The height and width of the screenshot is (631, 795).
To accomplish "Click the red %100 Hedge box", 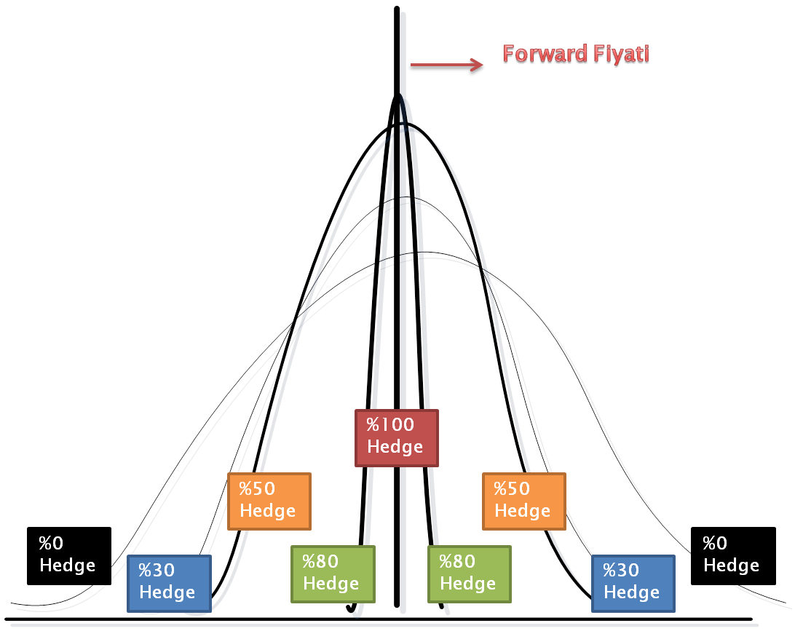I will pyautogui.click(x=397, y=437).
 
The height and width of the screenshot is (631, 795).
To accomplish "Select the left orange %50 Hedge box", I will pyautogui.click(x=269, y=501).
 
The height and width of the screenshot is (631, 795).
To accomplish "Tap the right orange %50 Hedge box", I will pyautogui.click(x=523, y=501).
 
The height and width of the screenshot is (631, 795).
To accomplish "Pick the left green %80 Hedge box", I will pyautogui.click(x=333, y=574).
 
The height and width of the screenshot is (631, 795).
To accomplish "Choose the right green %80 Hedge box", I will pyautogui.click(x=470, y=574).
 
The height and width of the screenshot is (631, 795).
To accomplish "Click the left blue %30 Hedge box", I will pyautogui.click(x=169, y=583).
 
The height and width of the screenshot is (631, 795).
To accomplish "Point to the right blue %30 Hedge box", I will pyautogui.click(x=633, y=583).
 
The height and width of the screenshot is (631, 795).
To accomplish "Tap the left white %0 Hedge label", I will pyautogui.click(x=67, y=555).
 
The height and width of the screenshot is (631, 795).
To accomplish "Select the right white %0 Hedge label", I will pyautogui.click(x=731, y=555).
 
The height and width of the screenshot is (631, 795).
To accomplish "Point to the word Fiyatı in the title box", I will pyautogui.click(x=622, y=55).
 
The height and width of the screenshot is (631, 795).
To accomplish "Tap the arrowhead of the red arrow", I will pyautogui.click(x=478, y=65).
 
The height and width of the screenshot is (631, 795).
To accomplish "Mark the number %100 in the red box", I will pyautogui.click(x=389, y=425).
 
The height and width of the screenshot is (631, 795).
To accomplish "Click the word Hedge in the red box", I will pyautogui.click(x=395, y=447).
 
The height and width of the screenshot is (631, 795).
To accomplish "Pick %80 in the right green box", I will pyautogui.click(x=457, y=562).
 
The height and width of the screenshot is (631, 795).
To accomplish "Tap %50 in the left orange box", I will pyautogui.click(x=257, y=488).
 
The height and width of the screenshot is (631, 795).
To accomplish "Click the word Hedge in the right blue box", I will pyautogui.click(x=631, y=593).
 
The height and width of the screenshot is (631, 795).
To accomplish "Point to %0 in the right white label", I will pyautogui.click(x=715, y=544).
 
